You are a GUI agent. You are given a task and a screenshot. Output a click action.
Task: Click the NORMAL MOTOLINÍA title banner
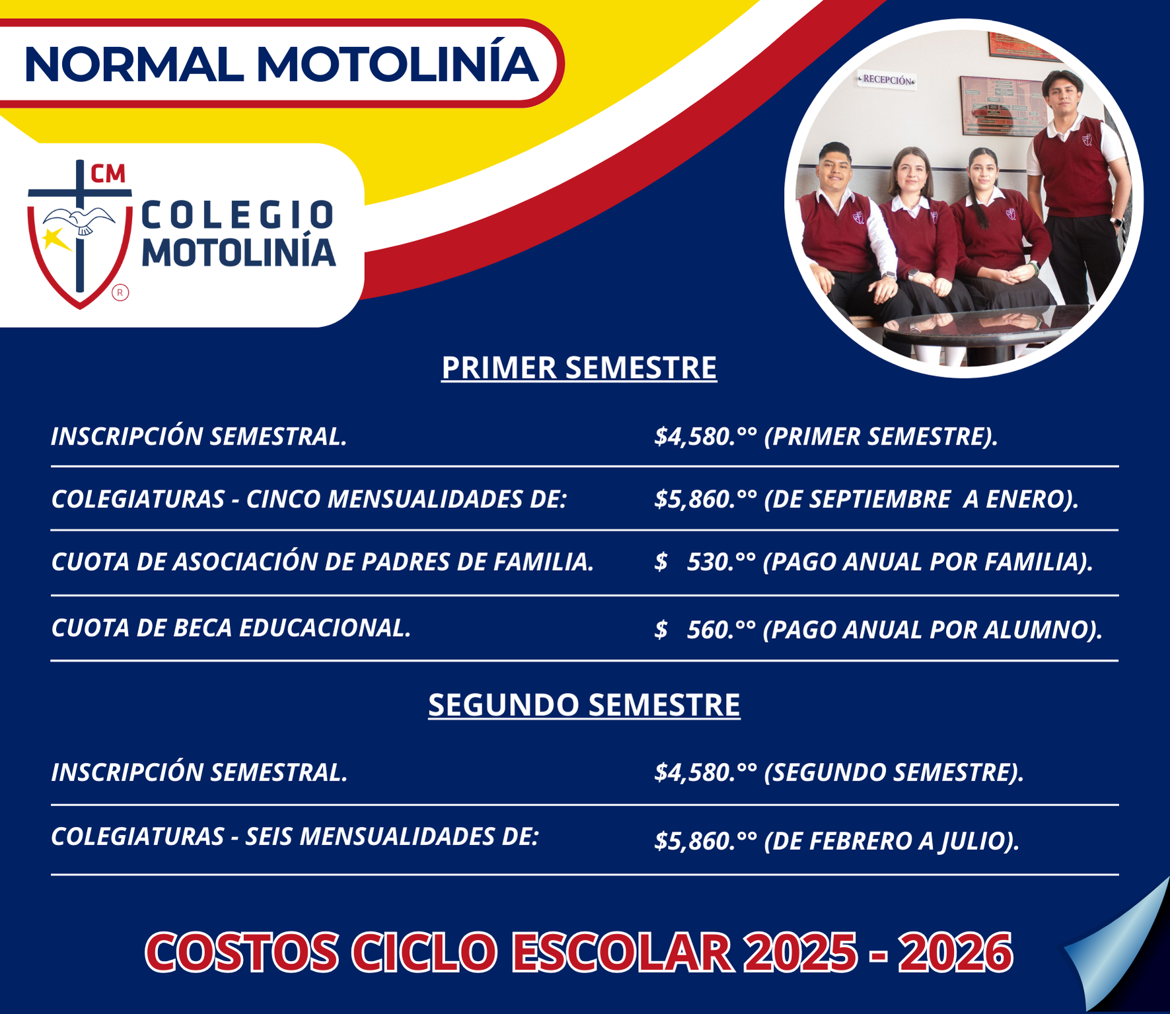tap(281, 65)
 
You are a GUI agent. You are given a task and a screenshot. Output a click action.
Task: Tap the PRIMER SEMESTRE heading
tap(579, 368)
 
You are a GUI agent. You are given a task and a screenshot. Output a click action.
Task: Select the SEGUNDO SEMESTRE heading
tap(584, 705)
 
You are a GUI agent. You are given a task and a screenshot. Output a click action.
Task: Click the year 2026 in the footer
tap(955, 953)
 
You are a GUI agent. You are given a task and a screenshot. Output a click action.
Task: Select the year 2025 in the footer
tap(799, 953)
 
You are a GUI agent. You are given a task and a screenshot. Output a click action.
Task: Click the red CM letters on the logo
tap(108, 174)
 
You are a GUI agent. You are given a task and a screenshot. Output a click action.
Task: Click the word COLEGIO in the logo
tap(238, 215)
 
